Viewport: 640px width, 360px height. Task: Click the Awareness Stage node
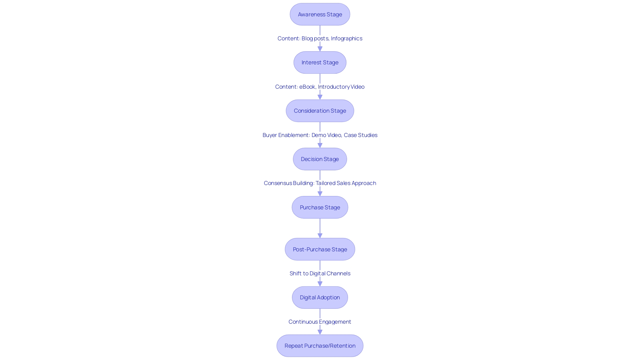[x=320, y=14]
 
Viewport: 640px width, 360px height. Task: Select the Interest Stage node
[x=320, y=62]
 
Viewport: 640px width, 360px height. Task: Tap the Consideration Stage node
[x=320, y=111]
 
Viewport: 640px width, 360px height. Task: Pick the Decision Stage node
[x=320, y=159]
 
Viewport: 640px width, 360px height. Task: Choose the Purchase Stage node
[x=320, y=207]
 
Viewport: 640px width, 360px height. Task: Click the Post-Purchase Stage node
[x=320, y=249]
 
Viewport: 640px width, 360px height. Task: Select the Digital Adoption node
[x=320, y=297]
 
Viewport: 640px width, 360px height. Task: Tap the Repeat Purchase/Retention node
[x=320, y=346]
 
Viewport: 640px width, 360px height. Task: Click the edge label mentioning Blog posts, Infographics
[x=320, y=38]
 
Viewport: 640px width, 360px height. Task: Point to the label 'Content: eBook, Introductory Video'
[x=320, y=87]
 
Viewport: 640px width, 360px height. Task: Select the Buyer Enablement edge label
[x=320, y=135]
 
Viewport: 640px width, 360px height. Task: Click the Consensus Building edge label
[x=320, y=183]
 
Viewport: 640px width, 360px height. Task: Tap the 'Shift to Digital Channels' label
[x=320, y=273]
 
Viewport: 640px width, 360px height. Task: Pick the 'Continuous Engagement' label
[x=320, y=322]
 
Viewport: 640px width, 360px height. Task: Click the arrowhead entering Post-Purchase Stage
[x=320, y=236]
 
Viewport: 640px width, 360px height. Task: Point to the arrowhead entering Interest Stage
[x=320, y=49]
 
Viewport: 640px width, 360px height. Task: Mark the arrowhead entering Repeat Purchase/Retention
[x=320, y=332]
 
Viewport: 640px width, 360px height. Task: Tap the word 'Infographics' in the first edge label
[x=346, y=38]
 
